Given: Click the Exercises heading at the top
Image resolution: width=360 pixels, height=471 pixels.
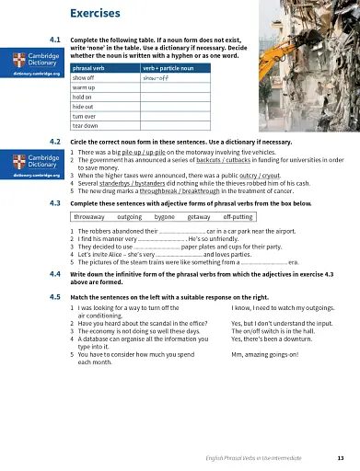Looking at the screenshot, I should [x=95, y=15].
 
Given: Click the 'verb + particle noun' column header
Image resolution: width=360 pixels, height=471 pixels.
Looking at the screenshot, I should [x=164, y=68].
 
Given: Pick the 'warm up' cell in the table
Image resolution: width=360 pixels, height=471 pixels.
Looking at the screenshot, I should [x=85, y=88].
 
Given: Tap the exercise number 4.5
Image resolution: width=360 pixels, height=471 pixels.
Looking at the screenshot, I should [x=54, y=298].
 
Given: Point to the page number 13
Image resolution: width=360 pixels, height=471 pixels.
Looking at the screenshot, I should [x=341, y=457].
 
